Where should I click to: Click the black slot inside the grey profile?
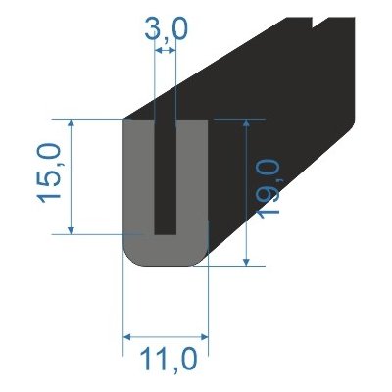point(166,176)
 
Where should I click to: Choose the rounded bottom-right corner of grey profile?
point(202,258)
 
